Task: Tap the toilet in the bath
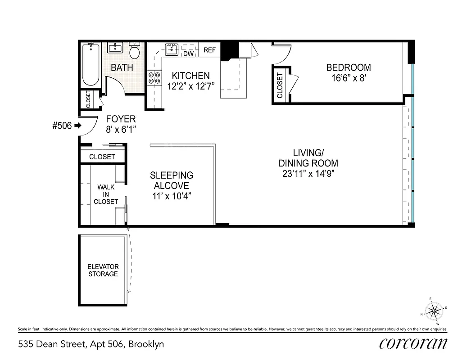[x=135, y=51]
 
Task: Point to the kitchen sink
[x=172, y=49]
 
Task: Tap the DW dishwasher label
[x=188, y=54]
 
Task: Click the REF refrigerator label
[x=209, y=50]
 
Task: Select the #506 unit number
[x=62, y=126]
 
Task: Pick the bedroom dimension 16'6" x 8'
[x=349, y=78]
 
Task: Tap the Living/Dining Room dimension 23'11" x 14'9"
[x=308, y=173]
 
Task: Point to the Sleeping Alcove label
[x=172, y=180]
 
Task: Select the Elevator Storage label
[x=103, y=270]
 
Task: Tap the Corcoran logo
[x=413, y=343]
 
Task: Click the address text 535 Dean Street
[x=52, y=344]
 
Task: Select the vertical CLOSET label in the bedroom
[x=280, y=86]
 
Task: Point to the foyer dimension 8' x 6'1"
[x=120, y=129]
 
